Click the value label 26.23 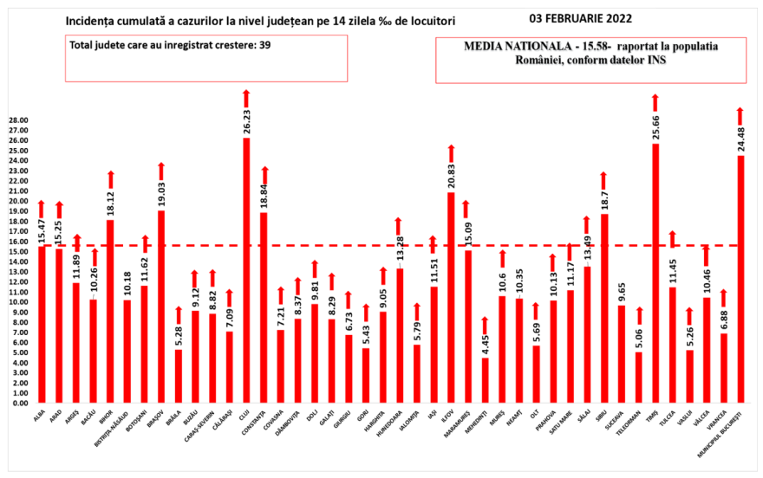[x=246, y=120]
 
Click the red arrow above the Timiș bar [x=655, y=102]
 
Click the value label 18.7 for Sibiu [x=604, y=197]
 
